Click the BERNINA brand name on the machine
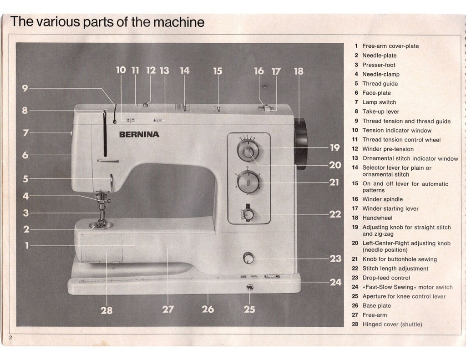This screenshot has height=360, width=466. pos(139,134)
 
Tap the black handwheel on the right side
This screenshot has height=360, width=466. pos(301,143)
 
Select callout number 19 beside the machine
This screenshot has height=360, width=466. pos(334,147)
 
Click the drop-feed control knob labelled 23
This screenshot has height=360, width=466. pos(248,258)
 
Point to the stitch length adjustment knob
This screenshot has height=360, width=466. pos(248,214)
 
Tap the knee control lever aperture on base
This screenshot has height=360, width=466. pos(249,287)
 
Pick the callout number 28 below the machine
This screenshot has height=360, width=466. pos(106,310)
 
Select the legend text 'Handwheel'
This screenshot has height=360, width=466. pos(377,218)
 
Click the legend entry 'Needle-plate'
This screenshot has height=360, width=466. pos(379,56)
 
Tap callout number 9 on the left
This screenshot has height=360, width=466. pos(25,88)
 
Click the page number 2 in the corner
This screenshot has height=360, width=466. pos(10,337)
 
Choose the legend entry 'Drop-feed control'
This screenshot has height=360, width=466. pos(386,278)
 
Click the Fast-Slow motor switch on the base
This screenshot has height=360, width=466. pos(272,276)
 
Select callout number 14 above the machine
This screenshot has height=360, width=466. pos(184,71)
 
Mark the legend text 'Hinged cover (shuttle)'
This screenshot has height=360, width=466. pos(392,324)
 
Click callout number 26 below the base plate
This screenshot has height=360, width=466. pos(208,309)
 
